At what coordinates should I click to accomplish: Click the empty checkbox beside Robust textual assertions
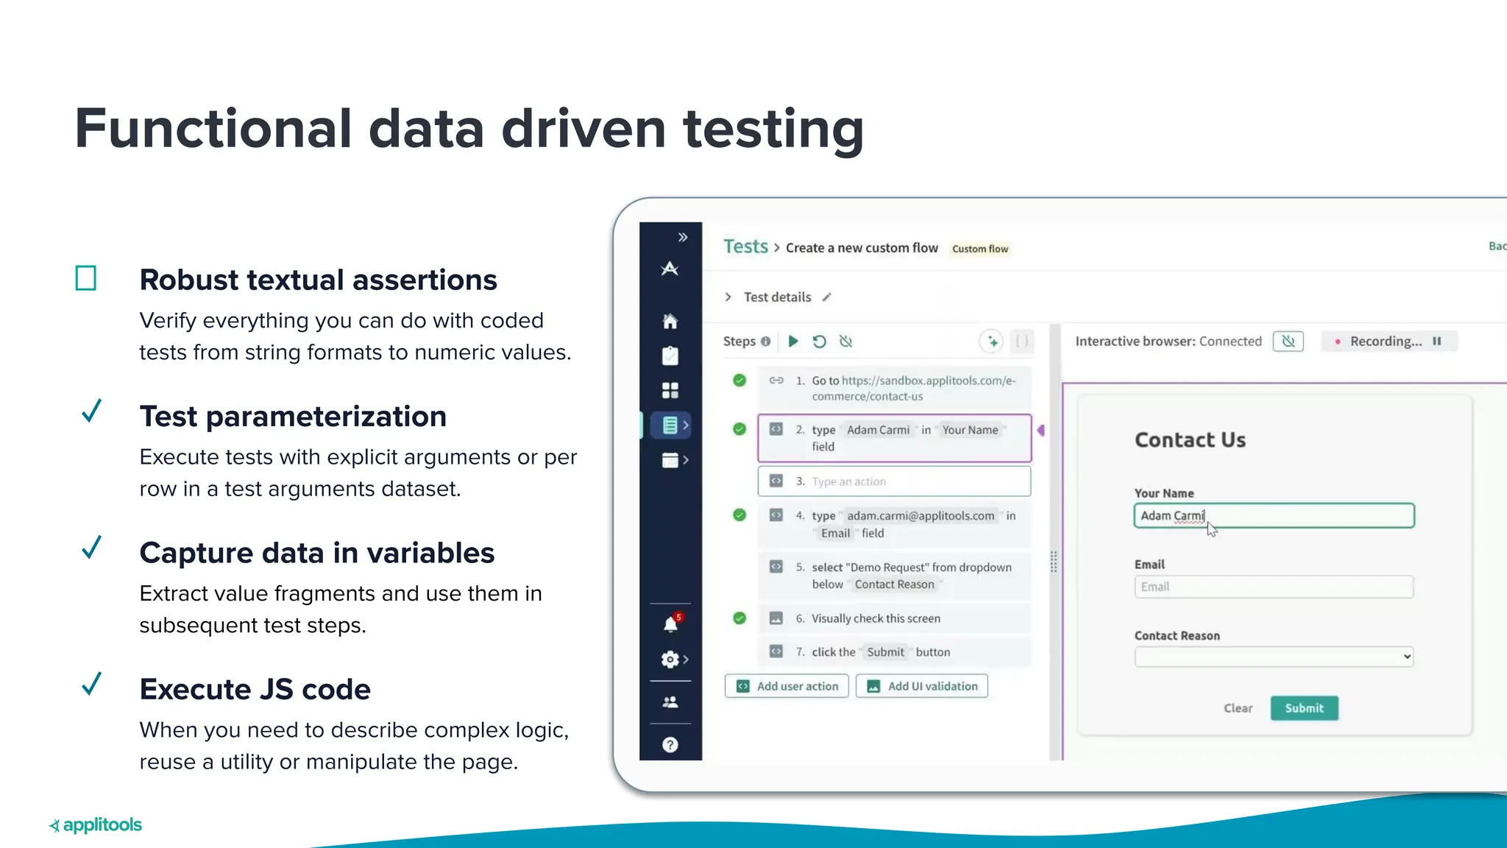(x=86, y=278)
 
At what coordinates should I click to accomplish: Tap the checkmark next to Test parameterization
(x=91, y=411)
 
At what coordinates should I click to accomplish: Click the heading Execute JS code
(x=255, y=689)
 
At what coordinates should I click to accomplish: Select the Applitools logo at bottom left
(x=96, y=825)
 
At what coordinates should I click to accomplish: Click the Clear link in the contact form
(x=1238, y=708)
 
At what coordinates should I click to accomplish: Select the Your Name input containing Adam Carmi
(x=1274, y=516)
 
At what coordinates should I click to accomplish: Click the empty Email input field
(x=1274, y=587)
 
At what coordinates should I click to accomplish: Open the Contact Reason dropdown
(x=1274, y=657)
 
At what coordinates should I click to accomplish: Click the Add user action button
(x=787, y=686)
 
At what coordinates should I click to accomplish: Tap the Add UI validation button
(x=922, y=686)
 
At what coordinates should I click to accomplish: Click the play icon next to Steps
(x=793, y=342)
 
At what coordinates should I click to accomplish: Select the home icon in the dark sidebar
(x=670, y=322)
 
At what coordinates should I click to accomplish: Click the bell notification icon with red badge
(x=670, y=624)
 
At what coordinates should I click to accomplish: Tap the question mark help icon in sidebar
(x=670, y=745)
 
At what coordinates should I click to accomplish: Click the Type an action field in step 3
(x=894, y=481)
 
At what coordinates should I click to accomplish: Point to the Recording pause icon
(x=1436, y=342)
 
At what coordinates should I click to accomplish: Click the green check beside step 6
(x=740, y=618)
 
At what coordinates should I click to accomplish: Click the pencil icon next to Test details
(x=827, y=297)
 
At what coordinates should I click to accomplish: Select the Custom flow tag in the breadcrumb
(x=979, y=249)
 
